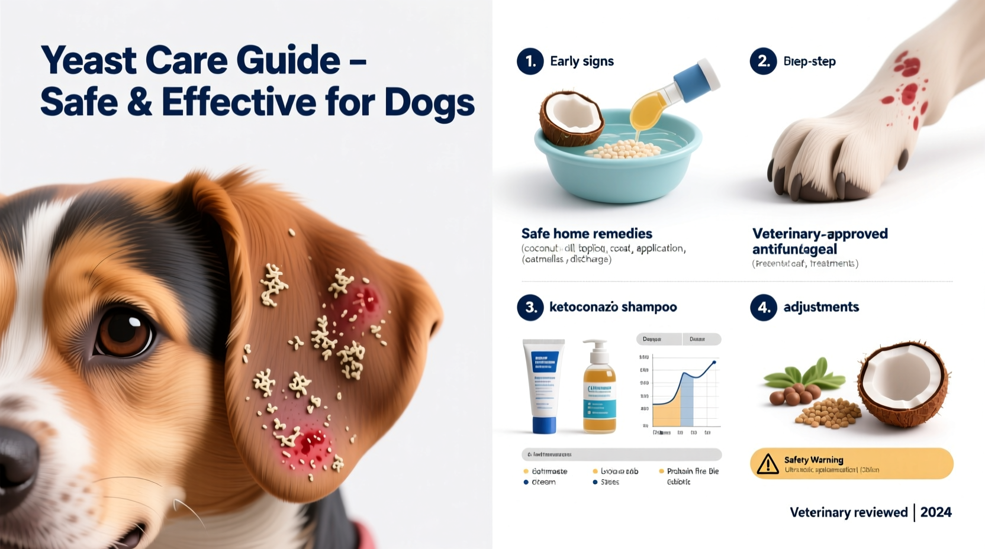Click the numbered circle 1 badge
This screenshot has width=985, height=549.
click(530, 62)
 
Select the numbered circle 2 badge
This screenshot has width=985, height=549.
click(763, 62)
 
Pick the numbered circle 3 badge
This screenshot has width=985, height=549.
click(530, 307)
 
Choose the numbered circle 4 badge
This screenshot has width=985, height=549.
click(763, 307)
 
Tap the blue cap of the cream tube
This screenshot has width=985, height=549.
click(544, 425)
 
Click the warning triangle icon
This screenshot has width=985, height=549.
click(768, 464)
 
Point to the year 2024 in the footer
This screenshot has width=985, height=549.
click(936, 512)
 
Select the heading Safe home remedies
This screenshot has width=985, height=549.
click(587, 234)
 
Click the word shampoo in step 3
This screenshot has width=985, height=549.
click(649, 307)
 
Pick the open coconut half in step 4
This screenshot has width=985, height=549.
click(902, 382)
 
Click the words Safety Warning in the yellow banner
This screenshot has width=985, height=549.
click(813, 460)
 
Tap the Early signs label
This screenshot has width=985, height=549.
click(581, 62)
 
